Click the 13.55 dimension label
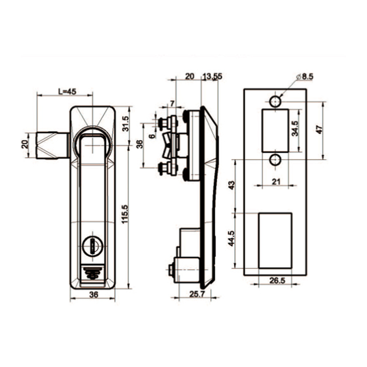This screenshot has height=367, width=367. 212,76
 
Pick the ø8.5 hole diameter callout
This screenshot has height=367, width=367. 304,77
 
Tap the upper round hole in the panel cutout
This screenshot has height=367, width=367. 275,102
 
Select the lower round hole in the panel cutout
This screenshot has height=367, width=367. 275,159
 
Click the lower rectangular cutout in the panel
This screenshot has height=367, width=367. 275,240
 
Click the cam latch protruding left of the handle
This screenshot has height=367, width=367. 51,145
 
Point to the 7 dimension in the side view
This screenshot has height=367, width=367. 171,103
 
